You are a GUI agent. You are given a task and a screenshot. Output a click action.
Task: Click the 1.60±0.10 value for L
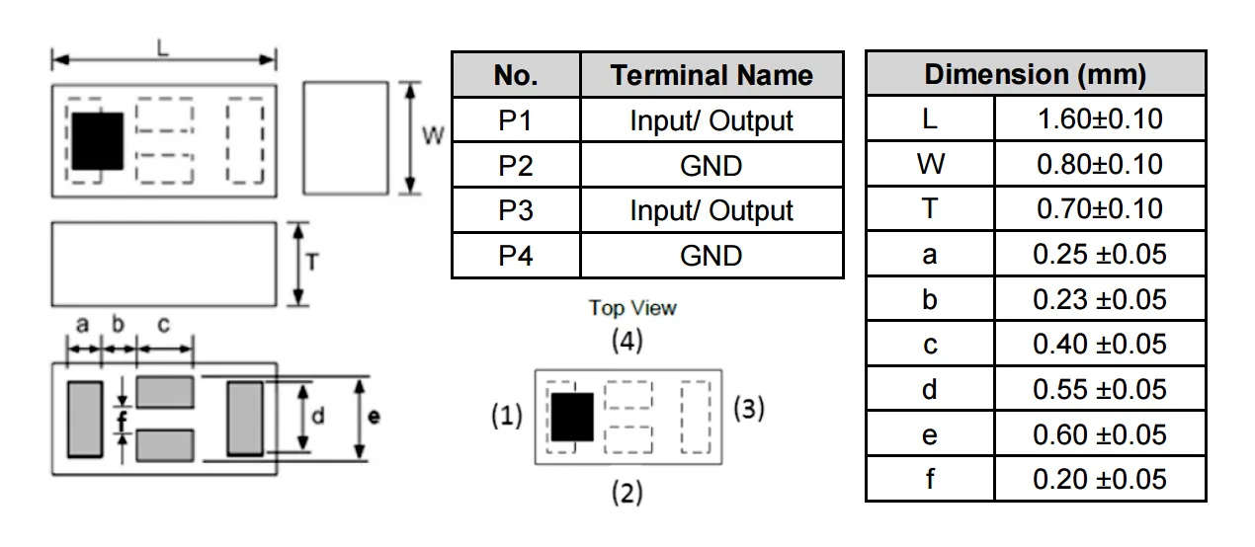(x=1099, y=119)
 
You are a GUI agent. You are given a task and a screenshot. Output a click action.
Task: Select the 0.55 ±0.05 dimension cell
(x=1099, y=390)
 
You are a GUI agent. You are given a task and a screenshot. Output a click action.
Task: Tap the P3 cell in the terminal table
(x=515, y=210)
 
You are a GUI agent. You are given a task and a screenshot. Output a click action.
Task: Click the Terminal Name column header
(x=711, y=75)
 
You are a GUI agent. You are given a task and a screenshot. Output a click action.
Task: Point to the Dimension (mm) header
(x=1035, y=74)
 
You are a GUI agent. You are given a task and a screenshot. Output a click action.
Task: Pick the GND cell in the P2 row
(x=711, y=166)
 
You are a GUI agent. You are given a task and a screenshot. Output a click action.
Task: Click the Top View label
(x=632, y=308)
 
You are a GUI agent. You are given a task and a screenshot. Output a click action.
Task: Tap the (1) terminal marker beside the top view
(x=506, y=418)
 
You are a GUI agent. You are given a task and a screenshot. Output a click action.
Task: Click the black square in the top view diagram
(x=572, y=417)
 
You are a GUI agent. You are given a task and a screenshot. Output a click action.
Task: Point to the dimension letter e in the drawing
(x=373, y=418)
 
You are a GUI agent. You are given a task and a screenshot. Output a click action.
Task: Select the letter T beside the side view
(x=311, y=262)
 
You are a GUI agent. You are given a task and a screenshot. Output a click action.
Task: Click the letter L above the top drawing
(x=162, y=46)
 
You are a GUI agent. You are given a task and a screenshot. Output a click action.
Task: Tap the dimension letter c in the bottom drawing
(x=164, y=325)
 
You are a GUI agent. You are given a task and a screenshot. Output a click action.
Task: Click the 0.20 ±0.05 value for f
(x=1099, y=480)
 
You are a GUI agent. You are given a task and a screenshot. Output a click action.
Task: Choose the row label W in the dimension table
(x=929, y=165)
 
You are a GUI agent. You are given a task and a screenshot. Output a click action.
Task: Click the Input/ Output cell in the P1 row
(x=711, y=120)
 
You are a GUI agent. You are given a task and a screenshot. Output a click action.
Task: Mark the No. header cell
(x=515, y=75)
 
